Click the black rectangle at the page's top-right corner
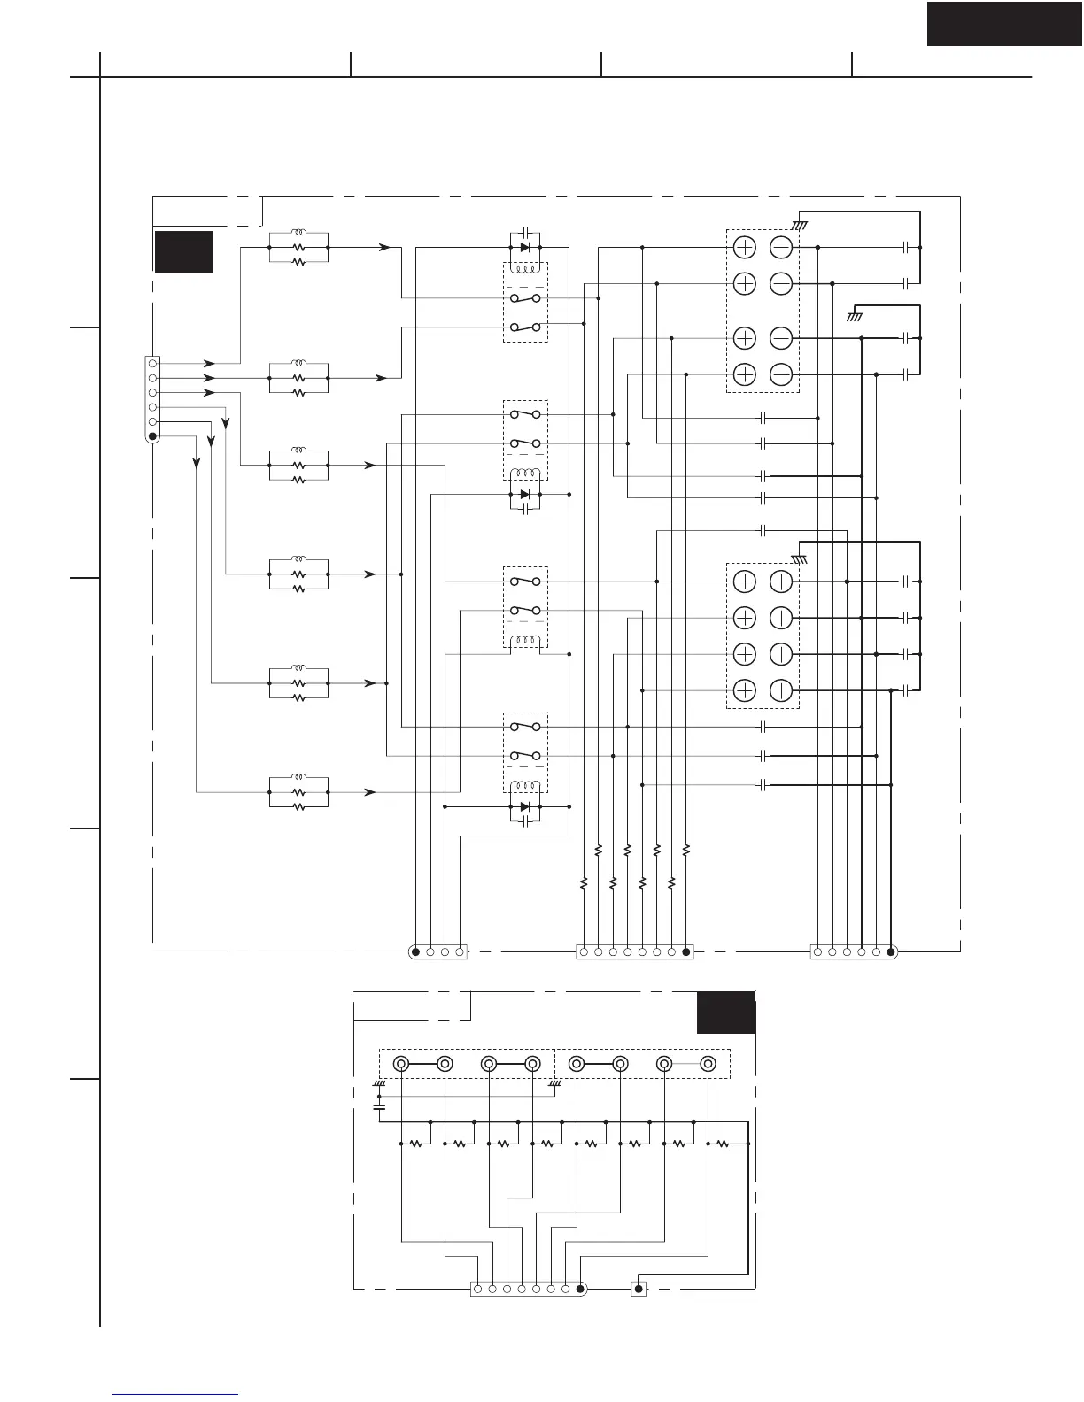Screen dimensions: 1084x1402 (x=1004, y=23)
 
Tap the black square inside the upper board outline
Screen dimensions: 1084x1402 (x=183, y=251)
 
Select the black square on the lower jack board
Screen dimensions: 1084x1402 (x=726, y=1013)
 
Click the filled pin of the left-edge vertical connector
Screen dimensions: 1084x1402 (x=152, y=436)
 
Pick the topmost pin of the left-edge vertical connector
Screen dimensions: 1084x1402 (x=152, y=363)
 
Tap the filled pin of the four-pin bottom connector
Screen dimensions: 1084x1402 (x=415, y=952)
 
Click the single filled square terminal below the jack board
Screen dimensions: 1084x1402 (x=639, y=1290)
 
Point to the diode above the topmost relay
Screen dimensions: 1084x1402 (x=525, y=247)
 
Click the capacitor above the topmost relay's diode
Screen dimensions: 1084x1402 (x=525, y=231)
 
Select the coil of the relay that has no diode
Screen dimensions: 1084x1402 (x=525, y=641)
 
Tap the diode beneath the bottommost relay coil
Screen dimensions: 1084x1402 (x=525, y=806)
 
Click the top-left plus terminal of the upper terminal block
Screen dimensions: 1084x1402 (x=745, y=248)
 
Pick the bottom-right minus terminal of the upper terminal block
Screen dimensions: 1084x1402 (x=781, y=374)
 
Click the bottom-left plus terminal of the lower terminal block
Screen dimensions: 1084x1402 (x=745, y=690)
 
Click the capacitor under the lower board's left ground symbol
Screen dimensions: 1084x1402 (x=380, y=1106)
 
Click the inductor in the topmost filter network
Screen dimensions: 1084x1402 (x=298, y=234)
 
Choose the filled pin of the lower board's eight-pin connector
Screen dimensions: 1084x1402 (x=580, y=1290)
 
